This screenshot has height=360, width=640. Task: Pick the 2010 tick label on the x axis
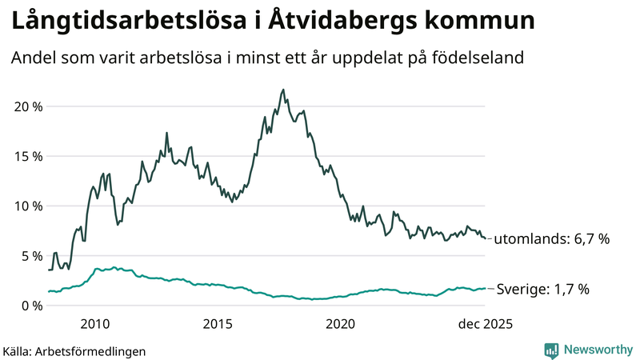tap(95, 324)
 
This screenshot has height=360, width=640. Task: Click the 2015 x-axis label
tap(218, 324)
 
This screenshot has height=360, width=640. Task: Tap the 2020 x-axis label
tap(341, 324)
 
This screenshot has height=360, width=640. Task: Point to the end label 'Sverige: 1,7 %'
tap(543, 289)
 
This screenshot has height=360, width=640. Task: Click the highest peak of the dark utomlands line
tap(283, 90)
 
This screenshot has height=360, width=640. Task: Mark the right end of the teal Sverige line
tap(485, 289)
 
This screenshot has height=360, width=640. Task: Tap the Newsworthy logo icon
tap(552, 350)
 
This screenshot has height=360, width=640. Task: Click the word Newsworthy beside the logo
tap(597, 350)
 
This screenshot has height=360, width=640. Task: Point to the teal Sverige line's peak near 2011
tap(114, 267)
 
